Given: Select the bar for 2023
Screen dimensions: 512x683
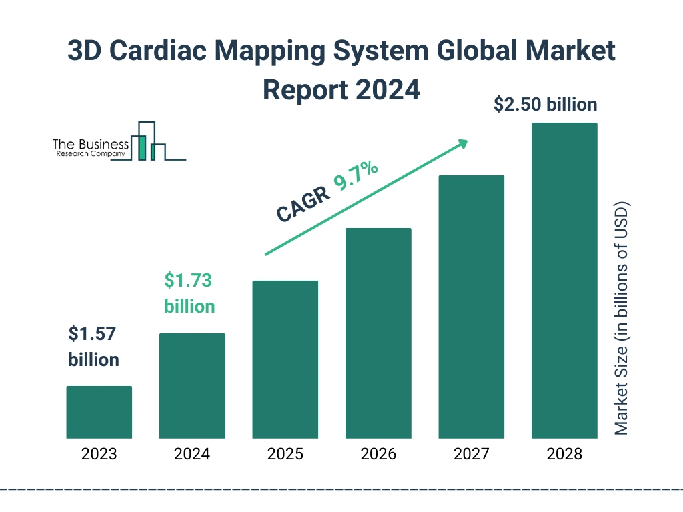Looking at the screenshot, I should [99, 412].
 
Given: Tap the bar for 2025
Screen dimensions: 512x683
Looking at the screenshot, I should [285, 359].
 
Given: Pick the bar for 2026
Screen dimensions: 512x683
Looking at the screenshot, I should [378, 333].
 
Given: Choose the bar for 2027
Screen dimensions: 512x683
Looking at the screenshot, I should [471, 307].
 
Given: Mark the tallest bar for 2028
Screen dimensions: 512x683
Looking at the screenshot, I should [564, 281].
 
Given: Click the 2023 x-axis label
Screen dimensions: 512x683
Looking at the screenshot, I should [99, 455].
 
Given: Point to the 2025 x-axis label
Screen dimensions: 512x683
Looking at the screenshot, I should [285, 455].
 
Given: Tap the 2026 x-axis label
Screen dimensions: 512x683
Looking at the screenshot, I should [378, 455].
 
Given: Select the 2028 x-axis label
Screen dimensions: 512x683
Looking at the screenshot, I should [564, 455].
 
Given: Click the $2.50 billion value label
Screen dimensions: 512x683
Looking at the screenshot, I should [545, 105].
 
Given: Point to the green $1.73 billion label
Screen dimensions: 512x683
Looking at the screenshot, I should [189, 293].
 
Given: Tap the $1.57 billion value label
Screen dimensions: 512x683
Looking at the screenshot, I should [94, 347].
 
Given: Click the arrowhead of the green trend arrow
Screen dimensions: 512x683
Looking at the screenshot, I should [462, 143].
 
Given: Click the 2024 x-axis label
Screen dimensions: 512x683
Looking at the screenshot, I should [192, 455].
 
